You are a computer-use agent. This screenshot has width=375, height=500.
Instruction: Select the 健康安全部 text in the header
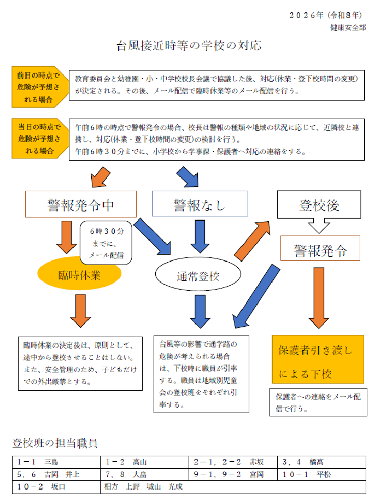(348, 27)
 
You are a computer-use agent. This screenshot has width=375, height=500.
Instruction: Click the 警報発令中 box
(80, 205)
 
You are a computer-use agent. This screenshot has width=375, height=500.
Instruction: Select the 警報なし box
(200, 205)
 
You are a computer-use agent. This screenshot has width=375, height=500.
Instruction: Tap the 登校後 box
(320, 205)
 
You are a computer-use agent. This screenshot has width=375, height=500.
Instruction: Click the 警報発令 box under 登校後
(321, 251)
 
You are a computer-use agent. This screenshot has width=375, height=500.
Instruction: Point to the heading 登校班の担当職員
(55, 443)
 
